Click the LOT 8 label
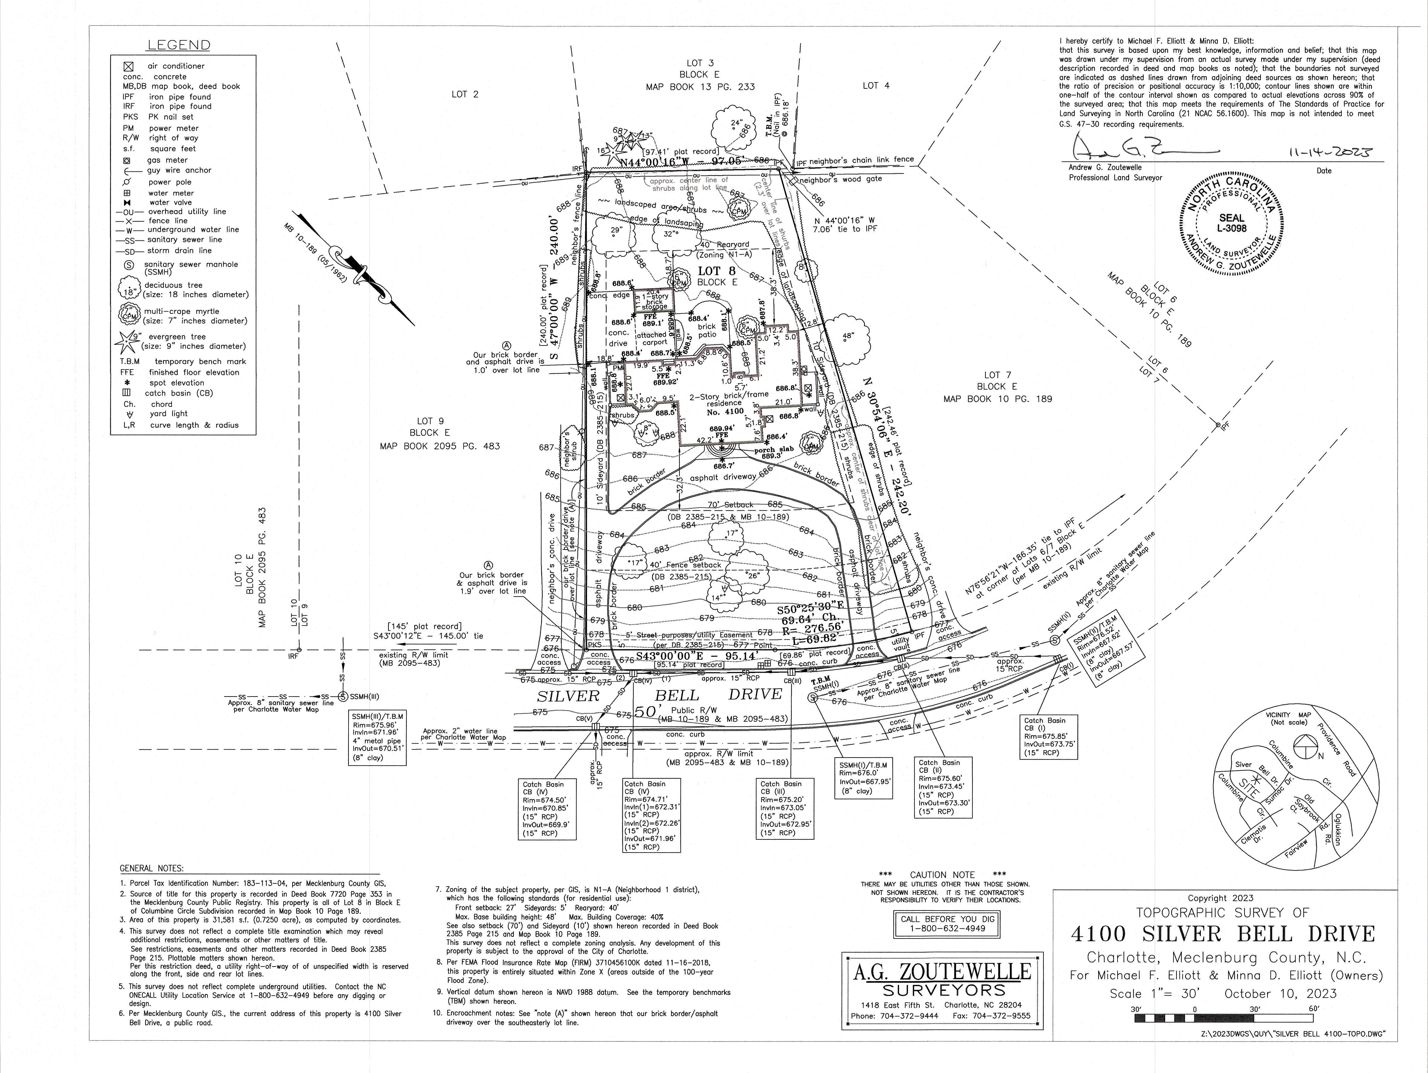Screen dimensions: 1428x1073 (x=717, y=271)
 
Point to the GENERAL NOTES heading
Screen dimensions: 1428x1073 (x=152, y=868)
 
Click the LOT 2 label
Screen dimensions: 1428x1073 (x=465, y=94)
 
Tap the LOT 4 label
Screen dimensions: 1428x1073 (x=876, y=85)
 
